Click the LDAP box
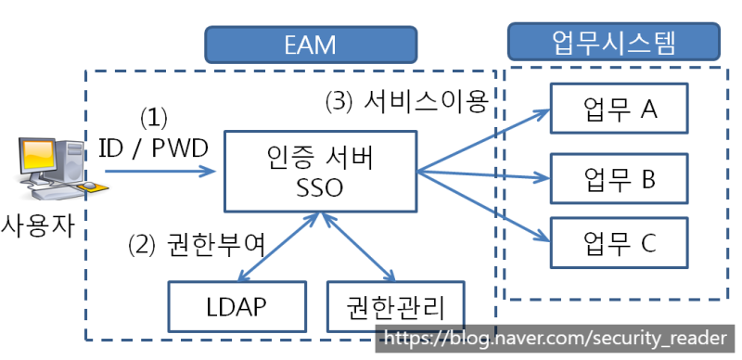point(237,305)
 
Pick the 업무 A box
point(620,109)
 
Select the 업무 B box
point(620,176)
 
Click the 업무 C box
point(620,242)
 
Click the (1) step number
point(153,119)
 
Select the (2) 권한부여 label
point(197,246)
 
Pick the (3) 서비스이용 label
point(406,101)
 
